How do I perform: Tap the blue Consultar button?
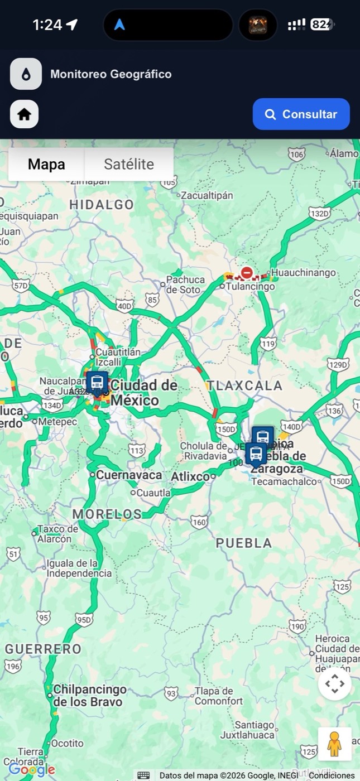pos(301,114)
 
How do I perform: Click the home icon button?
pos(24,114)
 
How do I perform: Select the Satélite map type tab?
pos(128,164)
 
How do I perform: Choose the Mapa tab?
pos(46,164)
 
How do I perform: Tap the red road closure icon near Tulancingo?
pos(247,273)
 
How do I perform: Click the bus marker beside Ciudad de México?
pos(97,383)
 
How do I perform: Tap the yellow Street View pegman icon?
pos(334,744)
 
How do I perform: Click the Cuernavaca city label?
pos(128,475)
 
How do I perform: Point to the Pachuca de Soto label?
pos(186,285)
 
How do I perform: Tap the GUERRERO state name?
pos(43,649)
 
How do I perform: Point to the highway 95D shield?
pos(84,619)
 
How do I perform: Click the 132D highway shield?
pos(320,213)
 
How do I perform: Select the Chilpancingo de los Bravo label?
pos(89,695)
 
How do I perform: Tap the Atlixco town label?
pos(190,476)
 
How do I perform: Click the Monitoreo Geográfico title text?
pos(111,74)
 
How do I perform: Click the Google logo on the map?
pos(31,770)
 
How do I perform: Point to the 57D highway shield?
pos(21,286)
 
